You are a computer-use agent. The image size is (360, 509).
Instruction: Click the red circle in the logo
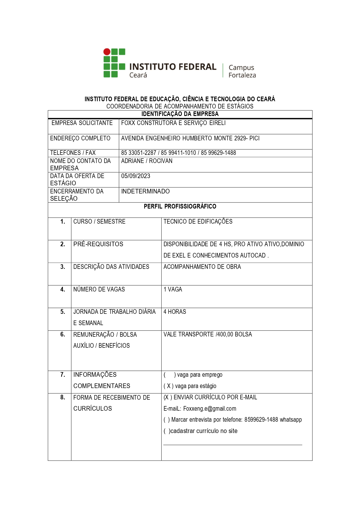point(107,52)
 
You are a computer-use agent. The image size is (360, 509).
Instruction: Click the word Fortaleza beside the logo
point(242,75)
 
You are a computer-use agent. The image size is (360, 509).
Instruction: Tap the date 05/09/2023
point(135,176)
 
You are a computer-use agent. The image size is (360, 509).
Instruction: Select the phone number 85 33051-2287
point(139,153)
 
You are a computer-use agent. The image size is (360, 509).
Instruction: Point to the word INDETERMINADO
point(145,191)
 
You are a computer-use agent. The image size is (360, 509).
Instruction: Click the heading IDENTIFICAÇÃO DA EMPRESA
point(180,114)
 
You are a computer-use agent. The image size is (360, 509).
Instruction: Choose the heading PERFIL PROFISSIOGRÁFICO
point(180,207)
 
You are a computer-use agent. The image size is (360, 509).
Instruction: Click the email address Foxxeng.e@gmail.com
point(210,409)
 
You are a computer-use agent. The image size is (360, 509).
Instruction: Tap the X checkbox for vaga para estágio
point(169,386)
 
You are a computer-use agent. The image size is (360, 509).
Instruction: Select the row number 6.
point(63,334)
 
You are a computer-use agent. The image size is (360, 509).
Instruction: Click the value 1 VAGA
point(173,289)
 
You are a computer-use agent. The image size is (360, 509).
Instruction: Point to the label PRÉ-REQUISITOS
point(98,244)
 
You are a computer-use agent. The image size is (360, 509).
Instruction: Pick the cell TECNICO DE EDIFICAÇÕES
point(198,222)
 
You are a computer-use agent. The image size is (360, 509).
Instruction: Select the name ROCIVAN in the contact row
point(161,161)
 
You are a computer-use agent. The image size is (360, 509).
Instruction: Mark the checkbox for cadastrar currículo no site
point(167,431)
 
